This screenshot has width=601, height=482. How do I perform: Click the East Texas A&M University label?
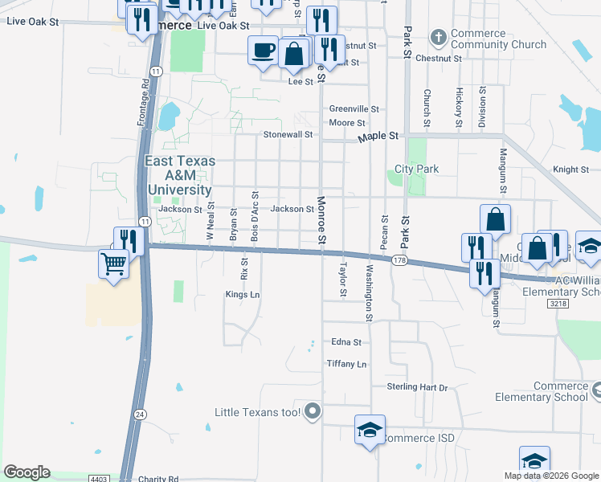179,175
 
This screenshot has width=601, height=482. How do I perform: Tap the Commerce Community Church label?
498,39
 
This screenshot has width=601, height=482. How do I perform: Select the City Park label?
416,170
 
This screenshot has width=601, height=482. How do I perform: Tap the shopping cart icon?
114,262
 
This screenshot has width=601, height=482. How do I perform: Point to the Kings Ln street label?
243,295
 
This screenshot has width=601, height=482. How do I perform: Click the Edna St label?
346,341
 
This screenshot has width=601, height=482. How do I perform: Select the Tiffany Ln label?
346,364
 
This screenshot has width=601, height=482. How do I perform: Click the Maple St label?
378,137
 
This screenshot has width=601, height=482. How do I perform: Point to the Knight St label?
570,170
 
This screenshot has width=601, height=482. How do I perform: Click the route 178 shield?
399,261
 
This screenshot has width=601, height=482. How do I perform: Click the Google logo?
27,472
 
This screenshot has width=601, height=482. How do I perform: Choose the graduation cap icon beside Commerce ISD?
370,430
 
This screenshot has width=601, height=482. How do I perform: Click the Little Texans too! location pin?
313,412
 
